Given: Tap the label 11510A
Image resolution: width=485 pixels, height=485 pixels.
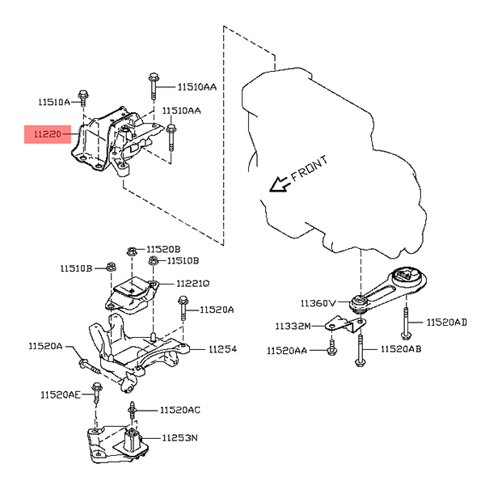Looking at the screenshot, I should (55, 102).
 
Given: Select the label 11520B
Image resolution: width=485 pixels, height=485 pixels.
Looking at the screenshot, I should (163, 249).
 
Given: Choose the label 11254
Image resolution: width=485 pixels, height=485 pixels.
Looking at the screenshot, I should (222, 350).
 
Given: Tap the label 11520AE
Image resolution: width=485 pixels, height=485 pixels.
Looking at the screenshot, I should (61, 395).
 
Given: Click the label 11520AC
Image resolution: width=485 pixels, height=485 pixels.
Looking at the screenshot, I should (180, 411).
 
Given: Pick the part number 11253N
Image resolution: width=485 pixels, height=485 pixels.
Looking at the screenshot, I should (180, 437).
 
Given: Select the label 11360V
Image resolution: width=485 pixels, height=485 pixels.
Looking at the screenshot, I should (318, 303).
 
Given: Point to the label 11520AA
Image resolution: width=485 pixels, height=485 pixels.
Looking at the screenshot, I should (287, 351).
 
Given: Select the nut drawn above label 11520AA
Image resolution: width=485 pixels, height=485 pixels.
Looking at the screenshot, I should (332, 349).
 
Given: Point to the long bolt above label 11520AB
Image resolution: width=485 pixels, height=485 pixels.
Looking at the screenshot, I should (359, 348).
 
